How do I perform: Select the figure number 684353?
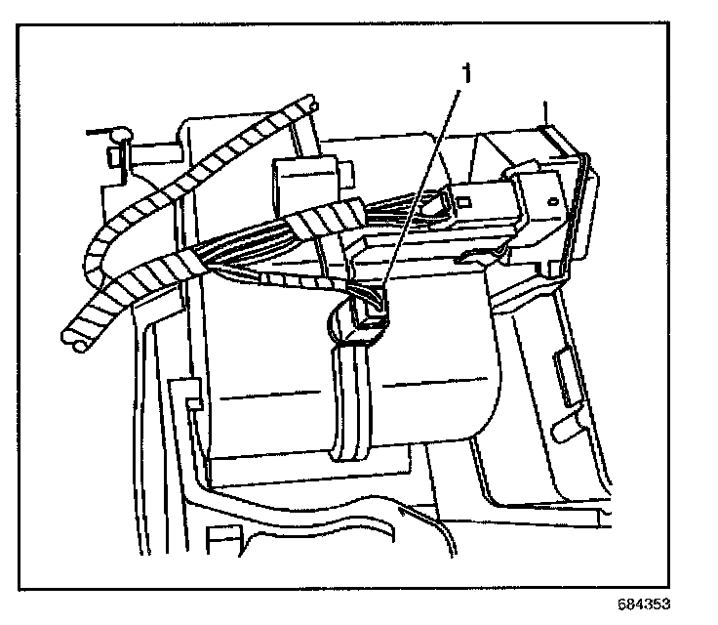644,603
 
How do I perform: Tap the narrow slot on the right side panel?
565,375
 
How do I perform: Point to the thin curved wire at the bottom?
434,527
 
